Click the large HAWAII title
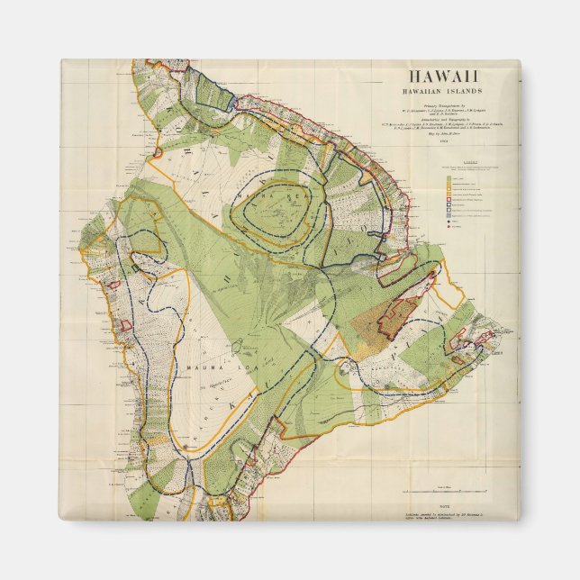tap(446, 78)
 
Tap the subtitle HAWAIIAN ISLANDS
tap(446, 92)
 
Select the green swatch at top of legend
tap(449, 178)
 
